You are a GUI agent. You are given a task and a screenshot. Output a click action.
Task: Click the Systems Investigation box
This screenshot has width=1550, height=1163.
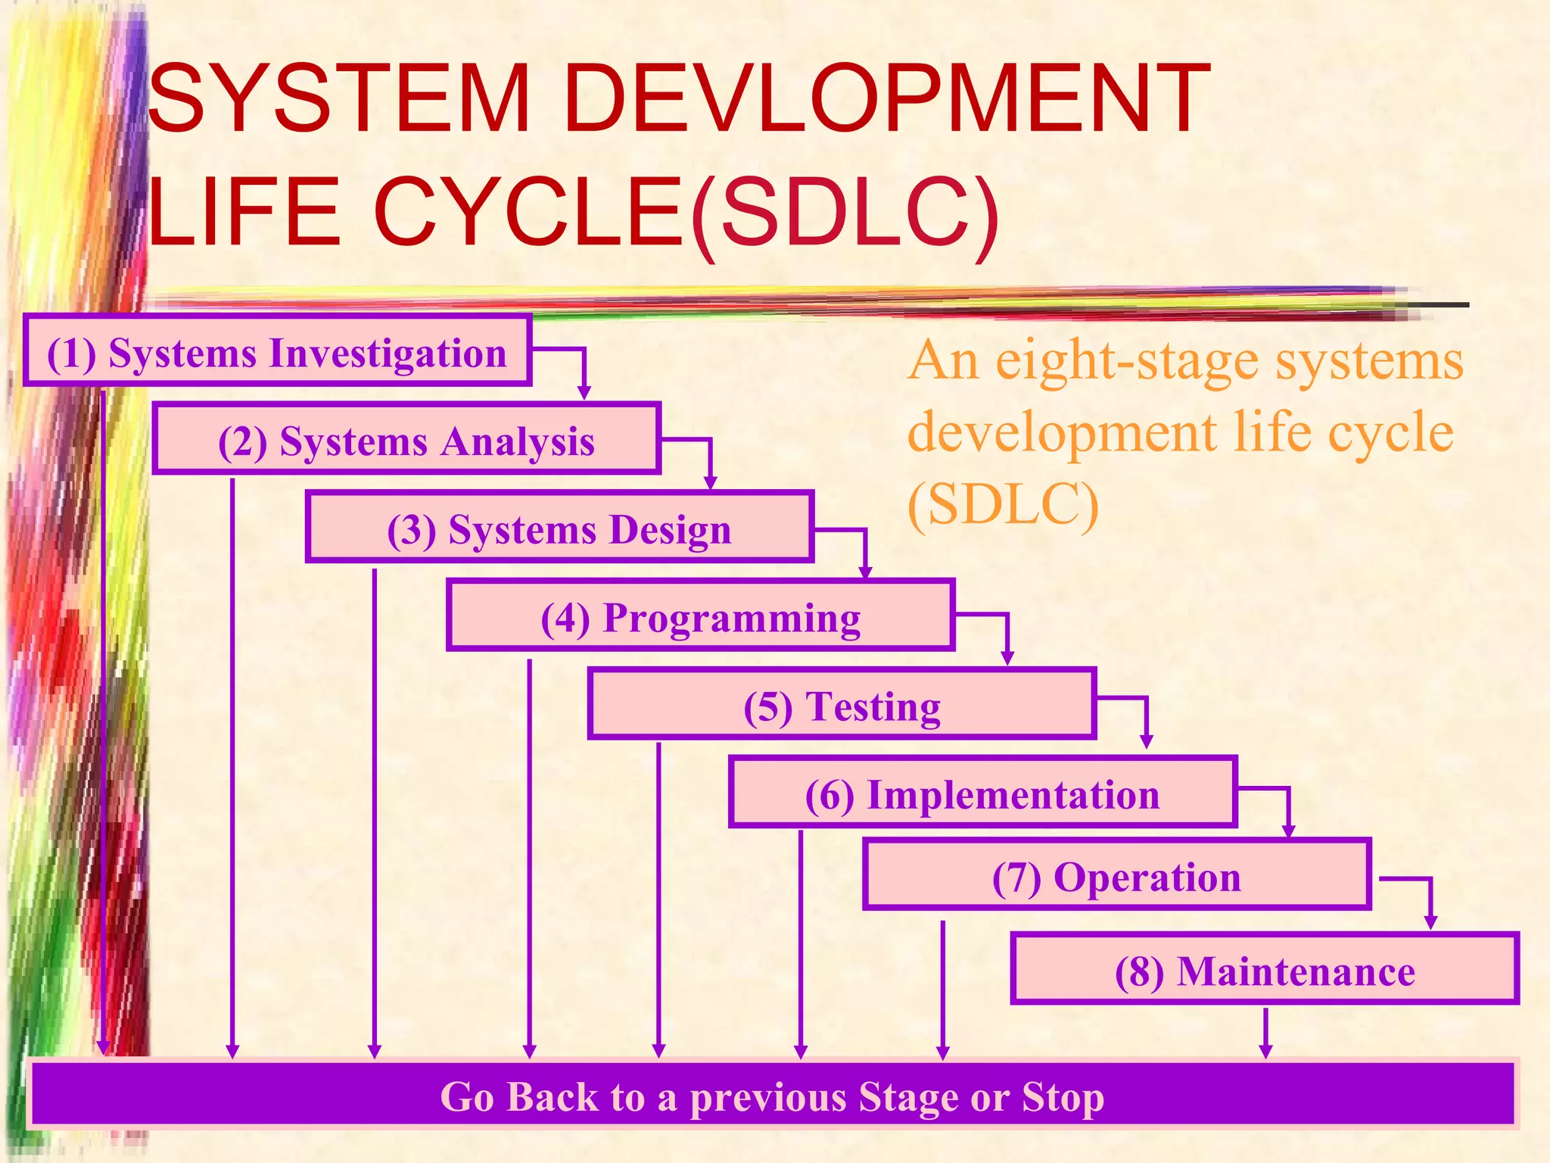pyautogui.click(x=277, y=352)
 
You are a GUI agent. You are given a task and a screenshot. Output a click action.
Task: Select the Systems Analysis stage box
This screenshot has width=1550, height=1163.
pyautogui.click(x=406, y=440)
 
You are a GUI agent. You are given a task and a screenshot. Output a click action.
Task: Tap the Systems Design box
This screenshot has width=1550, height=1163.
pyautogui.click(x=559, y=528)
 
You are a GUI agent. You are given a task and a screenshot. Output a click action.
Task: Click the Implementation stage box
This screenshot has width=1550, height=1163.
pyautogui.click(x=982, y=794)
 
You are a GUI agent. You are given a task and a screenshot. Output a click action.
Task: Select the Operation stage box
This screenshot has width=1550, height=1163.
pyautogui.click(x=1116, y=876)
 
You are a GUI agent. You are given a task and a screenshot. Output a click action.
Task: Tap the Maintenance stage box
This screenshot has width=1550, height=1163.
pyautogui.click(x=1265, y=970)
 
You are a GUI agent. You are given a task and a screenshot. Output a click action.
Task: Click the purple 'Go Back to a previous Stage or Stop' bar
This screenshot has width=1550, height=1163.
pyautogui.click(x=772, y=1096)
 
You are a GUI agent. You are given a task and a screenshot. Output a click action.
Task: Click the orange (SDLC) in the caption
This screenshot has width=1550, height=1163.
pyautogui.click(x=1002, y=504)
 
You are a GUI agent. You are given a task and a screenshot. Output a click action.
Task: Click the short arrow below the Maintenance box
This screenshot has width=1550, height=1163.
pyautogui.click(x=1265, y=1033)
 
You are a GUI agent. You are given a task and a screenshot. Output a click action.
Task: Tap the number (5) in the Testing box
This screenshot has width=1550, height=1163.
pyautogui.click(x=767, y=707)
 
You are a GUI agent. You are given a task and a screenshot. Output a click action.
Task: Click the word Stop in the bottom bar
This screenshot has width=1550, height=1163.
pyautogui.click(x=1063, y=1096)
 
